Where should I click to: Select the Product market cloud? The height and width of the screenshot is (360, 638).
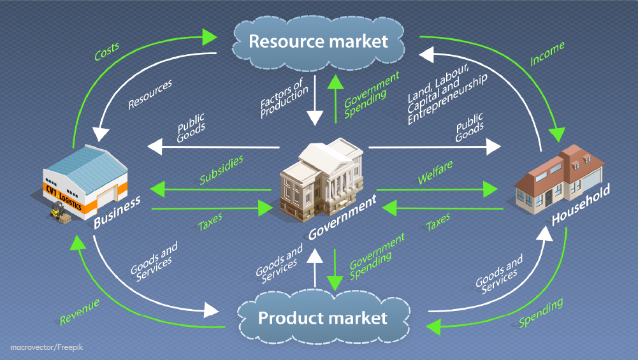pyautogui.click(x=322, y=317)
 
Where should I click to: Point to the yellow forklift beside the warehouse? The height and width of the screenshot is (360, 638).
pyautogui.click(x=55, y=212)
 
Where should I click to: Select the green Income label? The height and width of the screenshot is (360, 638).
pyautogui.click(x=546, y=54)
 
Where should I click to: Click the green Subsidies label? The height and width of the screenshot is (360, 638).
pyautogui.click(x=221, y=170)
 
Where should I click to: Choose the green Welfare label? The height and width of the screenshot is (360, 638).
pyautogui.click(x=435, y=173)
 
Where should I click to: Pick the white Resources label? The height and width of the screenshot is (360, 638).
pyautogui.click(x=150, y=94)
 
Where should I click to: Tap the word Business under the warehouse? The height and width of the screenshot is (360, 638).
pyautogui.click(x=117, y=213)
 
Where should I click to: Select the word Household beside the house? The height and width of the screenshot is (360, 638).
pyautogui.click(x=581, y=203)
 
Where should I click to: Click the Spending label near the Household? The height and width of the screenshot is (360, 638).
pyautogui.click(x=540, y=313)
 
